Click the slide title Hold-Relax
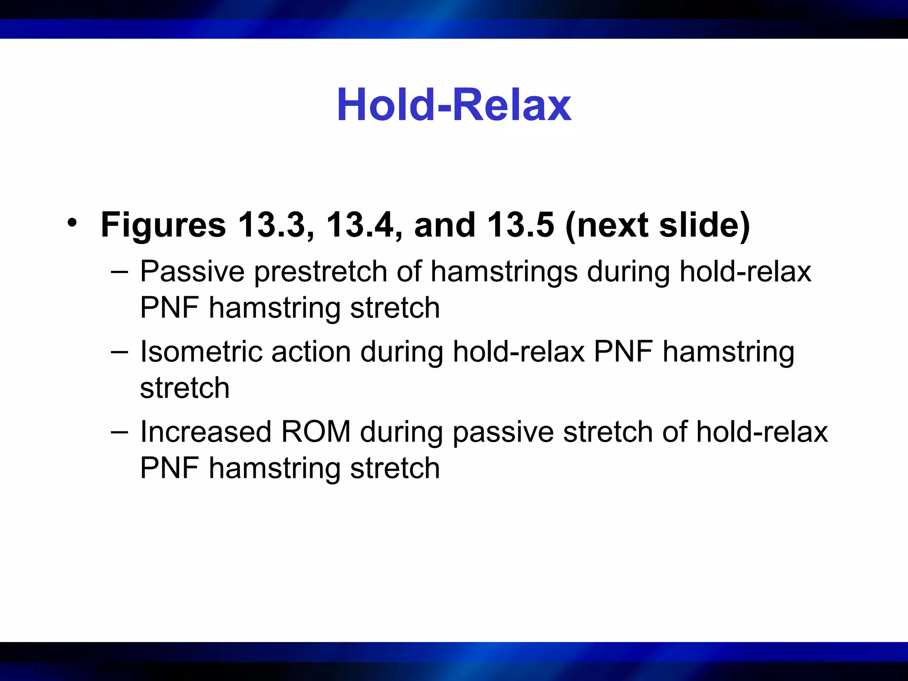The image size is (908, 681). [454, 105]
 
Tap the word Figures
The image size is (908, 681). [163, 225]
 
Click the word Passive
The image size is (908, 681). [192, 271]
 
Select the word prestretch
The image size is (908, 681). [320, 271]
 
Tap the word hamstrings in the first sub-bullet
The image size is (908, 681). [504, 271]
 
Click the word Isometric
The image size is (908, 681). [200, 352]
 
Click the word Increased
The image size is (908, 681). [205, 432]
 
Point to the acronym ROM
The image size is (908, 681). [316, 432]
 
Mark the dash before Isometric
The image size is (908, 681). [119, 352]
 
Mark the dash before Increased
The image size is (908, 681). [119, 432]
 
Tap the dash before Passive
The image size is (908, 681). [119, 272]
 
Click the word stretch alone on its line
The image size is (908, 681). [184, 388]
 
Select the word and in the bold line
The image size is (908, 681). [445, 225]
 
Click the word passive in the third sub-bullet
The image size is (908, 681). [503, 433]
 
